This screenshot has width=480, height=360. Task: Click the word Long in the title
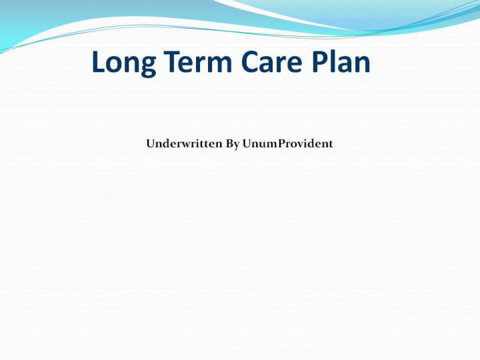(124, 63)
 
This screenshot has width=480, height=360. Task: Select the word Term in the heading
(198, 61)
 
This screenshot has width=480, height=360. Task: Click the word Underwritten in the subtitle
(184, 143)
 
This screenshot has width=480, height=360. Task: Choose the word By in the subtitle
(233, 144)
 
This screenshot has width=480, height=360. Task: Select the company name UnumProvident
(287, 143)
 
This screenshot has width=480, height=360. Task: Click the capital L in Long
(99, 61)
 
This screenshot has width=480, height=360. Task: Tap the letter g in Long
(148, 67)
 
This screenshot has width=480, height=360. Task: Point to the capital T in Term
(173, 61)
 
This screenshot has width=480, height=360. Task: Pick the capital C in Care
(250, 61)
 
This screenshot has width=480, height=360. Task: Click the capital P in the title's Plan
(320, 61)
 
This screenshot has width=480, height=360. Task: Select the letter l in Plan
(334, 61)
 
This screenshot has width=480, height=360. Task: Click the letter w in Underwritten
(187, 145)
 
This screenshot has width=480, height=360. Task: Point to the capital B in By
(229, 143)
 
